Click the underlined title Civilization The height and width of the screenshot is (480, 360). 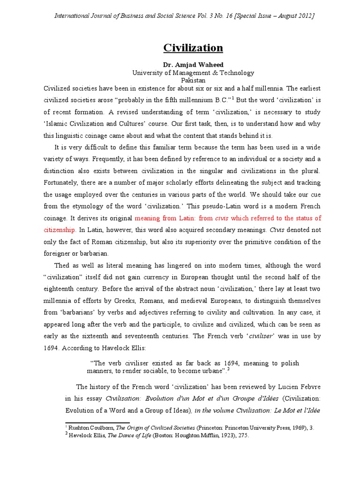(193, 48)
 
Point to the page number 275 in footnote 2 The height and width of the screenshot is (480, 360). (243, 435)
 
